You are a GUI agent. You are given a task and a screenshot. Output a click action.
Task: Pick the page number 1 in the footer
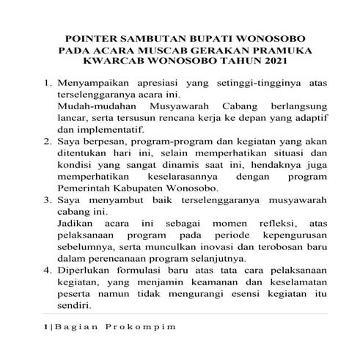click(45, 326)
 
